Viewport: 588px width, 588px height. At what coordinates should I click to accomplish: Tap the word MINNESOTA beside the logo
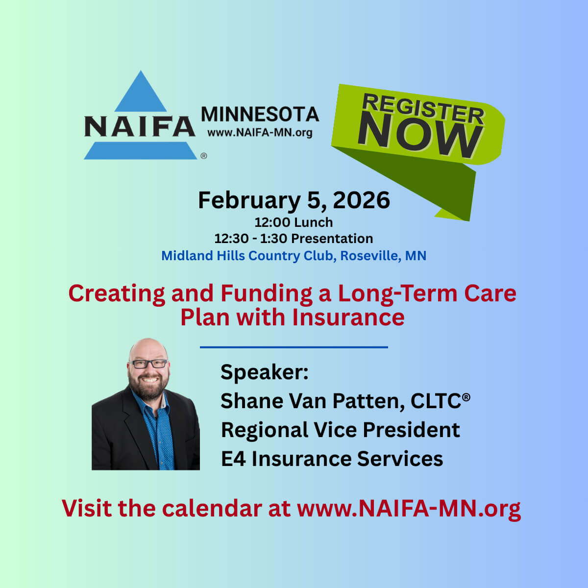pyautogui.click(x=260, y=115)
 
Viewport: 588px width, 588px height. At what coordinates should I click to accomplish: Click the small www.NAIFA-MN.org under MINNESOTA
pyautogui.click(x=260, y=132)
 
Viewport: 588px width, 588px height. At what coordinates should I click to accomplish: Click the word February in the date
pyautogui.click(x=249, y=201)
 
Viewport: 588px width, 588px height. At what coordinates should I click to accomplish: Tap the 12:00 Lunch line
pyautogui.click(x=294, y=222)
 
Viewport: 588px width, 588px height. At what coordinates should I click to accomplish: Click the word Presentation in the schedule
pyautogui.click(x=332, y=238)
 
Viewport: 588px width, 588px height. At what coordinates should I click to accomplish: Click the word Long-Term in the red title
pyautogui.click(x=397, y=294)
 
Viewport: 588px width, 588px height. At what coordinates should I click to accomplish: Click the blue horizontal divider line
pyautogui.click(x=294, y=347)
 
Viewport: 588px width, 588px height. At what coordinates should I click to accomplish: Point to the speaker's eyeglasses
pyautogui.click(x=148, y=364)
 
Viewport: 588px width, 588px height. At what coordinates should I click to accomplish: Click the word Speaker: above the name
pyautogui.click(x=265, y=372)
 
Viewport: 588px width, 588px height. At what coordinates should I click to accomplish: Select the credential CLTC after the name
pyautogui.click(x=436, y=401)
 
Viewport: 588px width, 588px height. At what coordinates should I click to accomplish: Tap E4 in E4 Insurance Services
pyautogui.click(x=233, y=459)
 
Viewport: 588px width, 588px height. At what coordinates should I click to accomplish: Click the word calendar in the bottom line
pyautogui.click(x=212, y=509)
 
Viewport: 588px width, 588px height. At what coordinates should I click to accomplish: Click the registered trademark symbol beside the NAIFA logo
pyautogui.click(x=204, y=156)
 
